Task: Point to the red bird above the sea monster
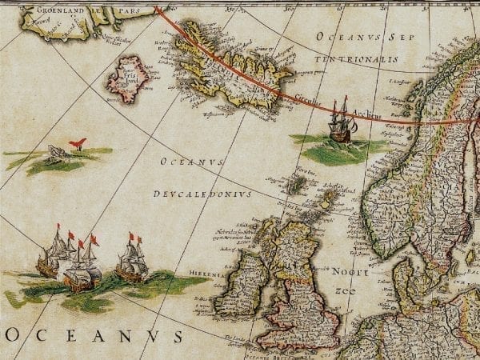[x=77, y=144]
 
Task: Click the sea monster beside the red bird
[x=54, y=154]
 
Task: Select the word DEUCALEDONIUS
[x=202, y=194]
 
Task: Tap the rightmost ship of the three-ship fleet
[x=131, y=259]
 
